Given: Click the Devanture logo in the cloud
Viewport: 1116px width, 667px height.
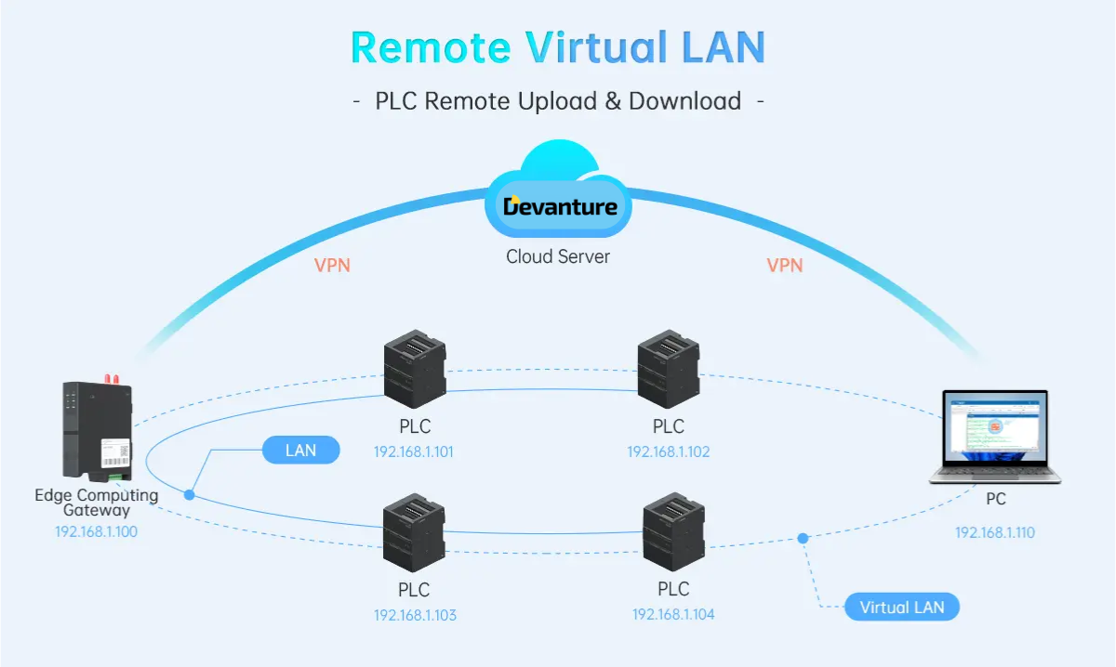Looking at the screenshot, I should pos(560,205).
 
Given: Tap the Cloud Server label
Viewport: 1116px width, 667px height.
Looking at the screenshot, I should pos(558,256).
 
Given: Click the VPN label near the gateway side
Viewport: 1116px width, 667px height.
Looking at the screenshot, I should pos(332,265).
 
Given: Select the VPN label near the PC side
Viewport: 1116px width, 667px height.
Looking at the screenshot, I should pos(784,265).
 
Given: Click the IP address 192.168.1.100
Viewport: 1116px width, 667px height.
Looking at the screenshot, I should pos(97,532).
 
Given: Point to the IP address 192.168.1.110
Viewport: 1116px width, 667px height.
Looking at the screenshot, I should pos(995,532).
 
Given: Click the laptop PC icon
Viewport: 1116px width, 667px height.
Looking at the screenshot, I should pos(994,437).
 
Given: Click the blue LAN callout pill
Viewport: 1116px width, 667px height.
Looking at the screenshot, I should pos(301,451).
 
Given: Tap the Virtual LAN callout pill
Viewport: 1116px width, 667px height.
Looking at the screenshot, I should pos(901,608).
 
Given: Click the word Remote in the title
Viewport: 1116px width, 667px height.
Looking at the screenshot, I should pos(431,47).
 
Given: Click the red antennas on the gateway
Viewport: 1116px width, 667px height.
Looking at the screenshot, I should pos(112,378).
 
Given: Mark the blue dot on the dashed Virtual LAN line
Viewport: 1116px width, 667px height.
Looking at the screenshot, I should pos(803,538).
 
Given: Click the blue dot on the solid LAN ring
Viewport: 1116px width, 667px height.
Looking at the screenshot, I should pos(190,495).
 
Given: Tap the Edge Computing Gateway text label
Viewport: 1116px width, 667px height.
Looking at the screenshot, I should pos(97,503).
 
